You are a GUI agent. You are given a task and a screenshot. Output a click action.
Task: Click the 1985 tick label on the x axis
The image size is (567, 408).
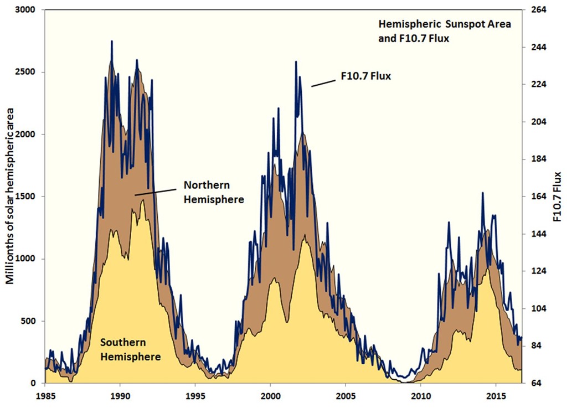click(x=45, y=396)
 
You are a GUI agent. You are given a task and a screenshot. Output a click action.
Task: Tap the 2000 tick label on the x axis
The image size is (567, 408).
click(x=270, y=396)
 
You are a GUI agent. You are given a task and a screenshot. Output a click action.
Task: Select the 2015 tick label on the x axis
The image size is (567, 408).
click(x=495, y=396)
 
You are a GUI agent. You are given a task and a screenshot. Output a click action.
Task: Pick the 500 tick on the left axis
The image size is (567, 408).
click(x=29, y=321)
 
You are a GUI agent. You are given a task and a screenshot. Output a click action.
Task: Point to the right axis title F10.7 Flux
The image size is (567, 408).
click(x=557, y=197)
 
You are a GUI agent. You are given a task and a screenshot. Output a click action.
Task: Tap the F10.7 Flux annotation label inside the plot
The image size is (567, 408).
click(x=365, y=76)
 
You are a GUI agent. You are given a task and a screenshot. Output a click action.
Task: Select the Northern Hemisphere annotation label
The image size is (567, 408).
click(x=214, y=192)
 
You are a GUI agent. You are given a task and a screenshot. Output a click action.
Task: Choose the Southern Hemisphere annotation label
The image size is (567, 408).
click(x=130, y=349)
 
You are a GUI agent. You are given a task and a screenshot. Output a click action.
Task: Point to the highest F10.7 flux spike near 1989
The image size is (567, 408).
click(x=112, y=42)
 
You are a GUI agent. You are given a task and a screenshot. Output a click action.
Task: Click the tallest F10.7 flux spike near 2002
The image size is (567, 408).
click(x=296, y=62)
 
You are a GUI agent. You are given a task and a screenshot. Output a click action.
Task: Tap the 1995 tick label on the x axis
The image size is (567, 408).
click(x=195, y=396)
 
